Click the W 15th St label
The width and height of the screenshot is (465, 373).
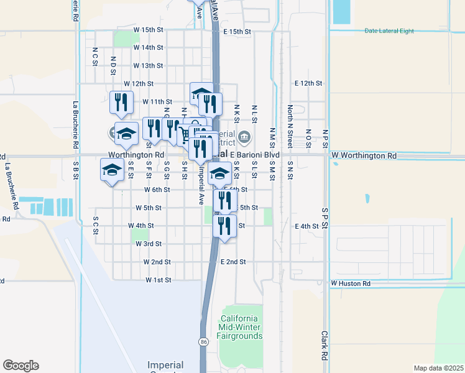pyautogui.click(x=147, y=30)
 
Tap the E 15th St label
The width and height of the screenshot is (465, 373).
pyautogui.click(x=236, y=31)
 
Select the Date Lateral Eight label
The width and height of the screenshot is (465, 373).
pyautogui.click(x=389, y=31)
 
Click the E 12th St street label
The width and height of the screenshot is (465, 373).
pyautogui.click(x=308, y=83)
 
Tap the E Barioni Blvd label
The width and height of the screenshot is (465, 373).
pyautogui.click(x=255, y=155)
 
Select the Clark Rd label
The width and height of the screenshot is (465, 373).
pyautogui.click(x=325, y=346)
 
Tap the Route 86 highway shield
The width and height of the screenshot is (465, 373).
pyautogui.click(x=204, y=341)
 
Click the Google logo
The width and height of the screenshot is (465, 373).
pyautogui.click(x=21, y=366)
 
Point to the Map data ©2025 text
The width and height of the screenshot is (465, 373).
pyautogui.click(x=438, y=368)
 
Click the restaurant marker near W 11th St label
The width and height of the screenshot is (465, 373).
pyautogui.click(x=121, y=102)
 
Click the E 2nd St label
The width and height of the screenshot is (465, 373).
pyautogui.click(x=234, y=262)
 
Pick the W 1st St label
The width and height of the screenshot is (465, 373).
pyautogui.click(x=158, y=280)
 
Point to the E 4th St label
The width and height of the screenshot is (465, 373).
pyautogui.click(x=307, y=226)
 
